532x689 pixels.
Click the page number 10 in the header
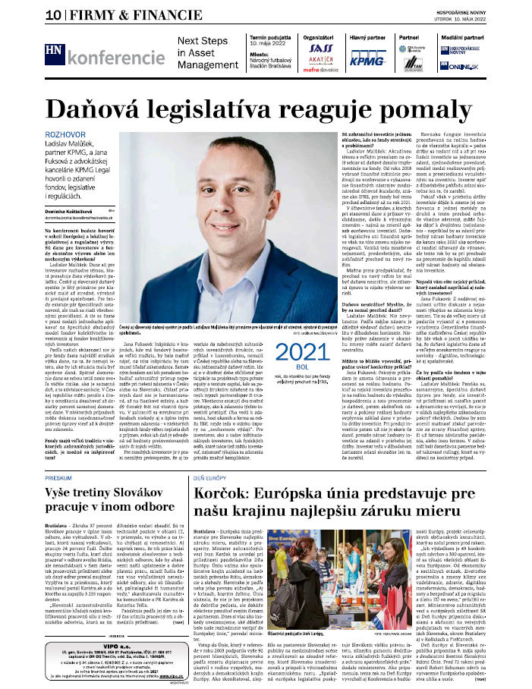click(13, 14)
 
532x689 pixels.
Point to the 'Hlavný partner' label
click(367, 36)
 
